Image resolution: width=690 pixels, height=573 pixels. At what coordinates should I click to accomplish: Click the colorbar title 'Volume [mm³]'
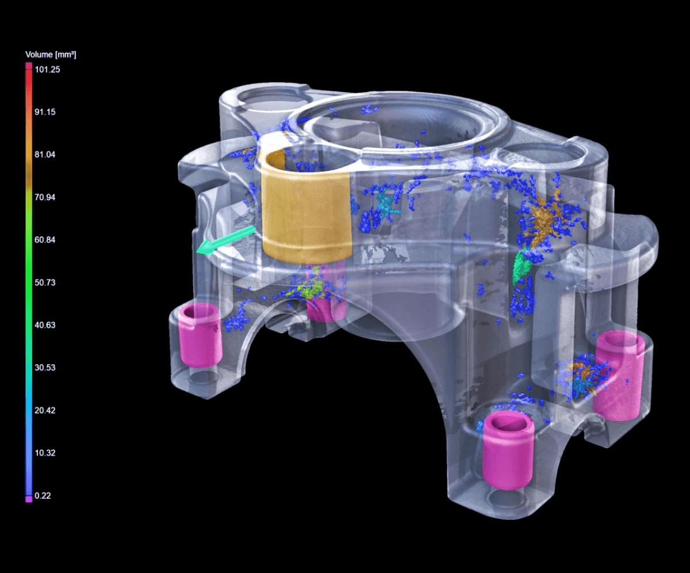coord(51,55)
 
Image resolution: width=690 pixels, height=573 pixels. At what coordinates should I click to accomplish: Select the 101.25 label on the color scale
coord(48,70)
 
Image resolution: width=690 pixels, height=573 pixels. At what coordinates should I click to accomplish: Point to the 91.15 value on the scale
coord(45,112)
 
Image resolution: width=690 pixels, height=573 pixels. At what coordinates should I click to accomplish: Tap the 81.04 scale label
coord(45,154)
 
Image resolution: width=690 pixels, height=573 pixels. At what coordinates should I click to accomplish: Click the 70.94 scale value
coord(45,197)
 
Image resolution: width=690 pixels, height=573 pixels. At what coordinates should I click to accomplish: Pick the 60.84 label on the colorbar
coord(45,240)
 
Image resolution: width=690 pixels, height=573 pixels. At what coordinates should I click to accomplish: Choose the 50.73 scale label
coord(45,282)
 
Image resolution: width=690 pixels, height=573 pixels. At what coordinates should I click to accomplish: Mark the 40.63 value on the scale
coord(45,325)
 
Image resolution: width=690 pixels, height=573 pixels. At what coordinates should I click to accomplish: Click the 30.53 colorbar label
coord(45,368)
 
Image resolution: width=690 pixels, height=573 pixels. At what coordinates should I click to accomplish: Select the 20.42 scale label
coord(45,410)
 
